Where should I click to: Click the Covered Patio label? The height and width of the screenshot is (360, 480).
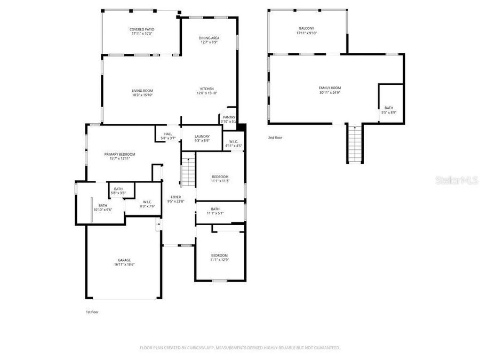[x=142, y=29]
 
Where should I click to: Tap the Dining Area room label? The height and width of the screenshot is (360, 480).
[x=209, y=38]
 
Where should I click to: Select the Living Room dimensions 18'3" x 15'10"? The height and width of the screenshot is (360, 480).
[x=142, y=95]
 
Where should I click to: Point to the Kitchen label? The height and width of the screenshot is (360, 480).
[x=207, y=89]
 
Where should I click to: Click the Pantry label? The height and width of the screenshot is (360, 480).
[x=229, y=117]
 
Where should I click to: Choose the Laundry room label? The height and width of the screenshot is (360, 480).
[x=202, y=136]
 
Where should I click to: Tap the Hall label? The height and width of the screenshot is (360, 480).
[x=168, y=134]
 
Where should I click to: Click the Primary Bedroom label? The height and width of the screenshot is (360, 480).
[x=119, y=154]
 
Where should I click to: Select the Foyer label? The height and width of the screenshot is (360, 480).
[x=175, y=197]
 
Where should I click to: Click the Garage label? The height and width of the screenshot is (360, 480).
[x=124, y=260]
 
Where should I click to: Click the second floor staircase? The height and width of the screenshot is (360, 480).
[x=355, y=144]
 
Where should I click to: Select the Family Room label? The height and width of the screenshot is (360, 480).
[x=330, y=88]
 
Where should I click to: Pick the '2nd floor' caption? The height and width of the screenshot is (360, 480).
[x=275, y=138]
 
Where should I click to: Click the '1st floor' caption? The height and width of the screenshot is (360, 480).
[x=92, y=312]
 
